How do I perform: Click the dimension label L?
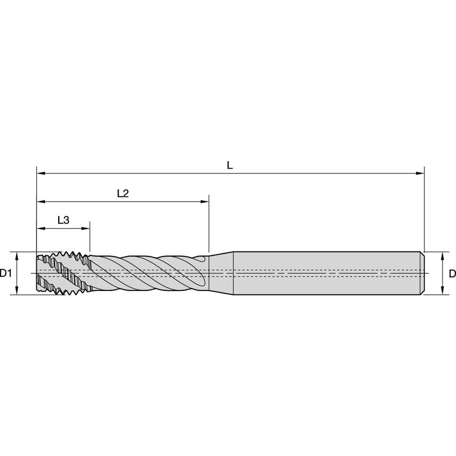tap(230, 165)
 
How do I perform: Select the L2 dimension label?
tap(123, 193)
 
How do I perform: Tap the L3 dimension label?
tap(63, 220)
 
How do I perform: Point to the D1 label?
tap(6, 273)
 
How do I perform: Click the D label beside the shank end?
tap(452, 273)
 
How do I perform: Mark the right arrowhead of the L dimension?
tap(420, 174)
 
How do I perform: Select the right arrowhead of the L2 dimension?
tap(205, 202)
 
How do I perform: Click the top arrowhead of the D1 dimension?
tap(17, 256)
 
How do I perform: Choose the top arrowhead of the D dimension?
tap(442, 256)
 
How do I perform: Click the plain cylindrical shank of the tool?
tap(326, 273)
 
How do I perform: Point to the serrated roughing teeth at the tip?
tap(61, 273)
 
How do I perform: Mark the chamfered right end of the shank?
tap(422, 273)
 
